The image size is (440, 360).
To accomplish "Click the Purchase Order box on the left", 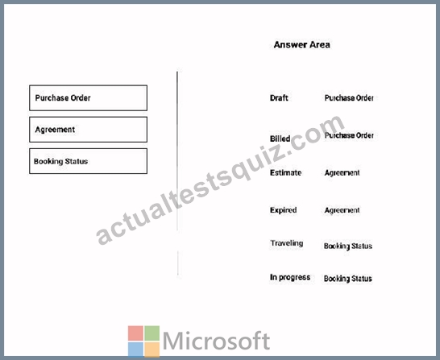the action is (x=88, y=97).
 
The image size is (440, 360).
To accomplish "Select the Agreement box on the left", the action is (x=88, y=130).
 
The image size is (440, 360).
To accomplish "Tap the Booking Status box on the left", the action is (x=88, y=161).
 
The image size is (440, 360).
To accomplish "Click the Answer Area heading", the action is (x=301, y=44).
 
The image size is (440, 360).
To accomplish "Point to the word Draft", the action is (x=279, y=97).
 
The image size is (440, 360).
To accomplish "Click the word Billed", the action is (x=280, y=139).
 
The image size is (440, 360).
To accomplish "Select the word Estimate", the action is (x=285, y=172).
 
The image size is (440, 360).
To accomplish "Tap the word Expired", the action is (x=283, y=210).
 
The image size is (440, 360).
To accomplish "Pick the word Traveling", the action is (x=287, y=243).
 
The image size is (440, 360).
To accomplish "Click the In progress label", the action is (x=290, y=277).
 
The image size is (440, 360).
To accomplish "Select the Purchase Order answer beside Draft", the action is (x=349, y=97).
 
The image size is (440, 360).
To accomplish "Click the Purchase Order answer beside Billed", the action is (x=349, y=135).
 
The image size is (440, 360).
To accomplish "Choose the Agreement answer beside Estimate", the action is (x=342, y=173).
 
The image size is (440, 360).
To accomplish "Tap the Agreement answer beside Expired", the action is (x=342, y=210).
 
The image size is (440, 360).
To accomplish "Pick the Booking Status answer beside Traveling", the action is (x=348, y=246).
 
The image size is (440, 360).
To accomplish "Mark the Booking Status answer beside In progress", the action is (x=348, y=279).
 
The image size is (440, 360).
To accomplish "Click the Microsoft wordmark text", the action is (x=216, y=341).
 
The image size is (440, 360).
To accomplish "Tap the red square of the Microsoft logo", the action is (x=136, y=333).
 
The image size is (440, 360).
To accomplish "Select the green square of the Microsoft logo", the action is (x=152, y=333).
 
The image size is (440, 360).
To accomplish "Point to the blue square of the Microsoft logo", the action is (x=136, y=350).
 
